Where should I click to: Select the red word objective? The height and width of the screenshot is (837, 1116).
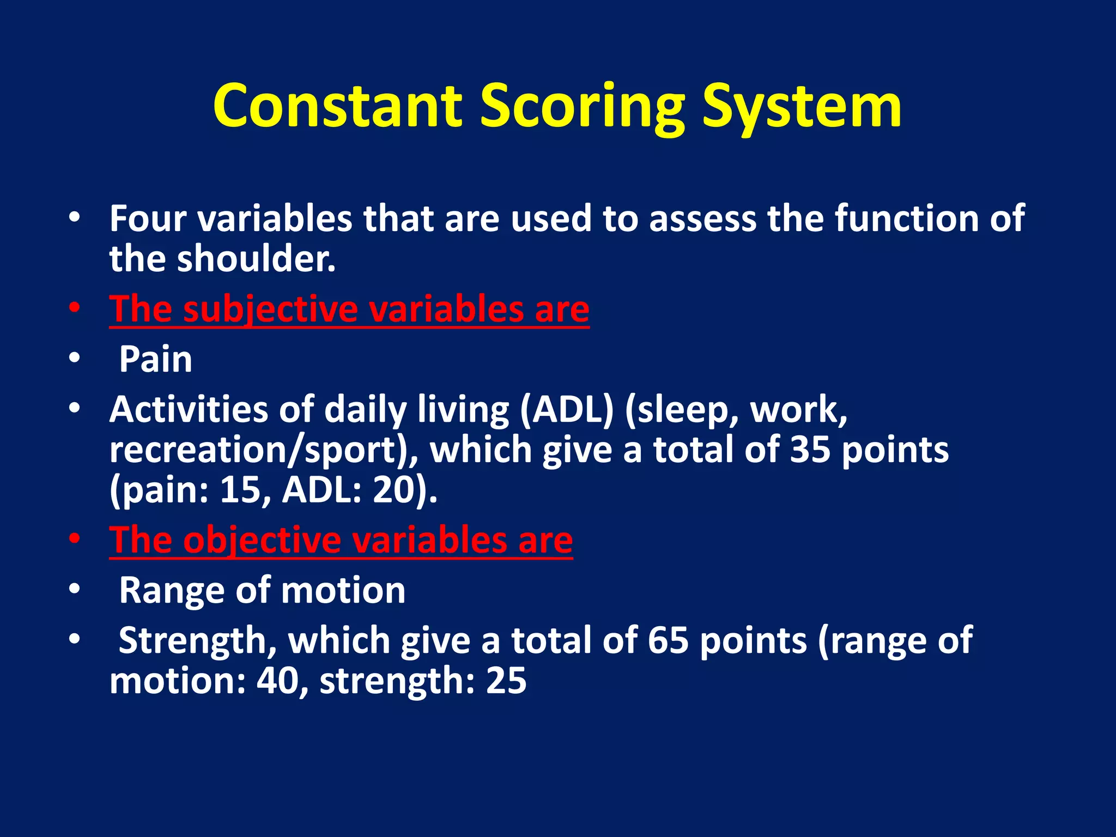pyautogui.click(x=262, y=540)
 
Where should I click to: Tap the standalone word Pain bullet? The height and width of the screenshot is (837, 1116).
pyautogui.click(x=156, y=359)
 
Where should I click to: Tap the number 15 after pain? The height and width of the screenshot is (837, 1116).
pyautogui.click(x=240, y=490)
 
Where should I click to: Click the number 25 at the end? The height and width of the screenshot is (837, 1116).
pyautogui.click(x=506, y=681)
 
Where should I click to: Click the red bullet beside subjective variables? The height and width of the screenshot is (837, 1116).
pyautogui.click(x=75, y=308)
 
